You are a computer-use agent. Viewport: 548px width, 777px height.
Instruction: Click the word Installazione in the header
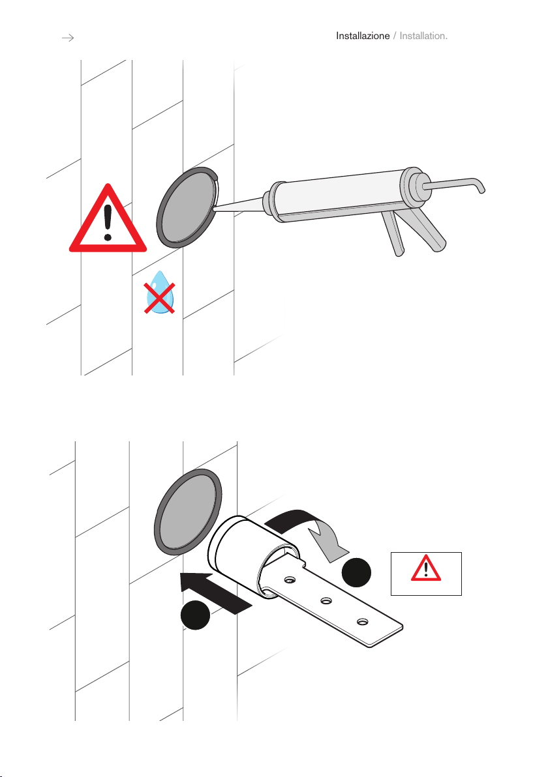pos(363,36)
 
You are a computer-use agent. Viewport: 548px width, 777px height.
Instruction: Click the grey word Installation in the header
pos(423,36)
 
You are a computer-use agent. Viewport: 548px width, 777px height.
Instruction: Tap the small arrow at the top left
pos(68,38)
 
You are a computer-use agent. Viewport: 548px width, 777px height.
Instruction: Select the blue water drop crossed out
pos(160,293)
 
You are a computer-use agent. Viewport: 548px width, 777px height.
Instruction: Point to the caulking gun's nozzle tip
pos(214,210)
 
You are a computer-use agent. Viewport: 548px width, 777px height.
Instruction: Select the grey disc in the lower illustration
pos(187,512)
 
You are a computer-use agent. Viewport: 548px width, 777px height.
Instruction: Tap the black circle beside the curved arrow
pos(356,573)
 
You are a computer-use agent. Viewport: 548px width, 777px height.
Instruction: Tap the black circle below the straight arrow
pos(196,615)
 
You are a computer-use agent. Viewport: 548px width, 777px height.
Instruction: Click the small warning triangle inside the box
pos(425,569)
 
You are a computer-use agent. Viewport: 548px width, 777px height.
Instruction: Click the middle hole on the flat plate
pos(326,600)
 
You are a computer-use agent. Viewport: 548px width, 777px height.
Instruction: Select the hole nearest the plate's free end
pos(363,621)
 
